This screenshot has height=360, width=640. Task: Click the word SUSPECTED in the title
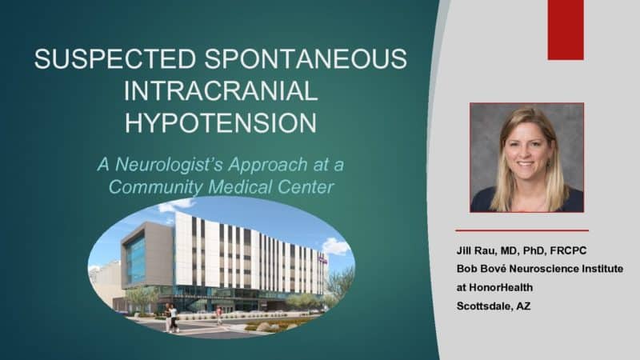coord(115,58)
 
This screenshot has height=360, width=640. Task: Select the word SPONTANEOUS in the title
coord(306,58)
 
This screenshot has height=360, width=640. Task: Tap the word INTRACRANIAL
coord(221,90)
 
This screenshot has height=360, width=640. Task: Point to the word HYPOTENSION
coord(221,122)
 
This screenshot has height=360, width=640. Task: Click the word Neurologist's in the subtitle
coord(170,165)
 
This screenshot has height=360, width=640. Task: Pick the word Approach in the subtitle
coord(268,165)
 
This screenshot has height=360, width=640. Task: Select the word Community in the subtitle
coord(155,187)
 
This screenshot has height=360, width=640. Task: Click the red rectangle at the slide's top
coord(566,30)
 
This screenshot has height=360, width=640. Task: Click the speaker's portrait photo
coord(527,158)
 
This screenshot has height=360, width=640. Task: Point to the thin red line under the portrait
coord(522,230)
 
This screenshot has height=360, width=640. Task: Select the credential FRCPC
coord(568,250)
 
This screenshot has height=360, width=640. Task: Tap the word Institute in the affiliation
coord(602,269)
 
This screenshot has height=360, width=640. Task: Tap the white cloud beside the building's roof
coord(336,246)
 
